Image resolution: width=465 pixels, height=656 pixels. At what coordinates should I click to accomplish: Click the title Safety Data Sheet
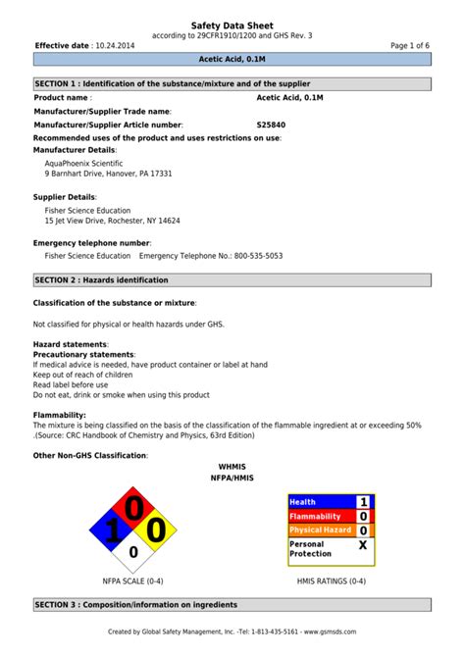(232, 25)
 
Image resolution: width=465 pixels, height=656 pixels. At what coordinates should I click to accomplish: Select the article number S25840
(272, 126)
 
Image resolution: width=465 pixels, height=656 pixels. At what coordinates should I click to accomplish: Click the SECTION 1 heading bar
(232, 84)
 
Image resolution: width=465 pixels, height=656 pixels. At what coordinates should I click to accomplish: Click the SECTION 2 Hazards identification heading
(232, 280)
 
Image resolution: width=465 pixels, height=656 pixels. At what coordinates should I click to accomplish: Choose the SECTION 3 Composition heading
(232, 605)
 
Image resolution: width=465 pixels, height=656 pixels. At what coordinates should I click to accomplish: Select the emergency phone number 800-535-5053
(258, 256)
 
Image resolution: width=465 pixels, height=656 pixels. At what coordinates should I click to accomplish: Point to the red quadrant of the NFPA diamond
(133, 508)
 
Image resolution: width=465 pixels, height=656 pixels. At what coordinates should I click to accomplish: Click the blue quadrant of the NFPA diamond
(111, 531)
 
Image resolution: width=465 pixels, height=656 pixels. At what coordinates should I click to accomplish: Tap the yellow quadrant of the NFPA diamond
(157, 531)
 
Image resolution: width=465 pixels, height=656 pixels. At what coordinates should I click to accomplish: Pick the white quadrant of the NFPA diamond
(133, 554)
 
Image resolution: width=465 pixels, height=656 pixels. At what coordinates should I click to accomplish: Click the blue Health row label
(319, 502)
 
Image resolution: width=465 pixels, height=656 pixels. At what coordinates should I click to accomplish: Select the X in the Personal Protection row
(363, 545)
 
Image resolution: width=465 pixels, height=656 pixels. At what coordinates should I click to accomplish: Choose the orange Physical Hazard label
(320, 530)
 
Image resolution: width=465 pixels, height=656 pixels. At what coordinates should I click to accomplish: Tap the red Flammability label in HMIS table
(319, 516)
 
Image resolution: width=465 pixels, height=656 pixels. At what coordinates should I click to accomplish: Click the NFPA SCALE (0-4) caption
(133, 581)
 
